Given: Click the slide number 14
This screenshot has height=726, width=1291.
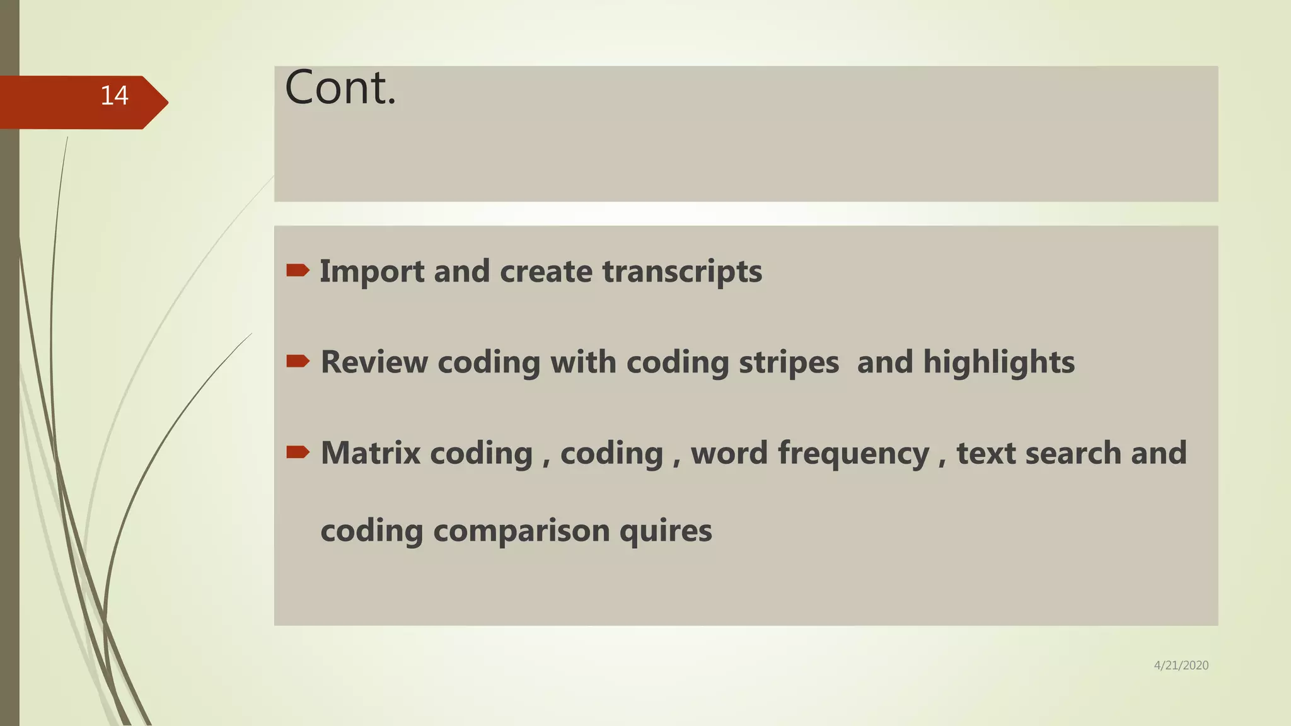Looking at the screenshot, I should pos(114,96).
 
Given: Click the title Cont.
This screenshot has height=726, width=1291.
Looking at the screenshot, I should pos(340,88).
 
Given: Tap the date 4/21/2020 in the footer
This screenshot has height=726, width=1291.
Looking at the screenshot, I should pos(1181,665).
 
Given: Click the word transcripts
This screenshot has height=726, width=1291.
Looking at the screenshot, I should pos(682,272).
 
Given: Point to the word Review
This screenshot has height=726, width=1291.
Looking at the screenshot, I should pos(374,362).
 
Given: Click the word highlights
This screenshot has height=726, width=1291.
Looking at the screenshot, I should pos(999,362).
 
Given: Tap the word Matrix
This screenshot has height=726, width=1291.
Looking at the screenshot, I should pos(371,453).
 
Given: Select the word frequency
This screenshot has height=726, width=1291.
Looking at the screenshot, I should pos(854,453).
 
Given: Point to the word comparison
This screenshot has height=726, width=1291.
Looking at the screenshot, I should pos(521,531).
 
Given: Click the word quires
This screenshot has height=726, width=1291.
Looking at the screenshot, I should pos(666,531).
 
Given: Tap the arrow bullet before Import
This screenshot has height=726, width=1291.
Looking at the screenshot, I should pos(298,271).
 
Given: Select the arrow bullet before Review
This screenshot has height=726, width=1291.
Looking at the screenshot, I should pos(298,361).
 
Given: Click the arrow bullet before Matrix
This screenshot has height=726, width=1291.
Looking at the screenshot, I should pos(298,452).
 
